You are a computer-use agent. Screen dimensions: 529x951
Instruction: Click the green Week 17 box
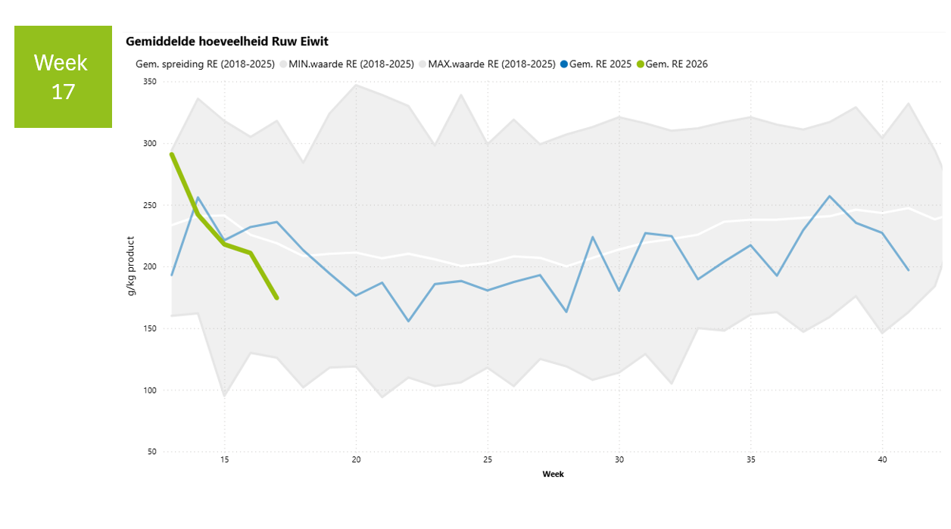coord(63,76)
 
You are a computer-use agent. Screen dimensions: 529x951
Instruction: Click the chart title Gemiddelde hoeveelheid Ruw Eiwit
coord(226,42)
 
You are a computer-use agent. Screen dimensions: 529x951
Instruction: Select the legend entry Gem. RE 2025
coord(600,64)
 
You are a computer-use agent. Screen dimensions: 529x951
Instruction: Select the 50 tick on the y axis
coord(151,452)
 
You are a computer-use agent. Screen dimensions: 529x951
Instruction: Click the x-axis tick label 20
coord(356,459)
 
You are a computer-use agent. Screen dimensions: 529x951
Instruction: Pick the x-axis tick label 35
coord(750,459)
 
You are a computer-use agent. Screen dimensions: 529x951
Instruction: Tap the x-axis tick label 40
coord(882,459)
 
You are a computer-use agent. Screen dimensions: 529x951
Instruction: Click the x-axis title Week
coord(553,475)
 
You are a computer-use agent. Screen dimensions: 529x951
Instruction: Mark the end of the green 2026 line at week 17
coord(276,298)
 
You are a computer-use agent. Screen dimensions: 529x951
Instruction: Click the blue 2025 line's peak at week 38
coord(830,196)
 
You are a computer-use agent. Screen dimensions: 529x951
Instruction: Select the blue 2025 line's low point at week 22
coord(409,321)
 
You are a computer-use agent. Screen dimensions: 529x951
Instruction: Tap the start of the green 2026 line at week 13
coord(172,154)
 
